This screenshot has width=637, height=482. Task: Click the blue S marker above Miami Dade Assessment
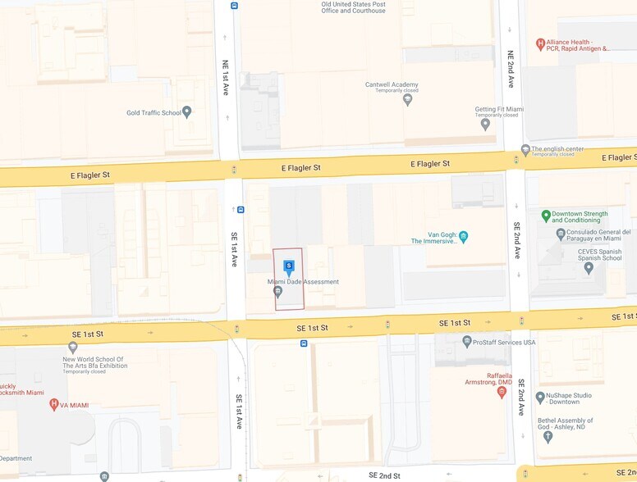pos(289,266)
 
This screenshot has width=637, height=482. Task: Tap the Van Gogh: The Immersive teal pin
pos(463,237)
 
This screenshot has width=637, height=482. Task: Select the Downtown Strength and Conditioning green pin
pos(546,216)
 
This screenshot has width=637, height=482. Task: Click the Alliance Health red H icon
pos(540,44)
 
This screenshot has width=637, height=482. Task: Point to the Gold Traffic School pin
pos(187,112)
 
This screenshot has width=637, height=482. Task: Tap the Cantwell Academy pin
pos(408,99)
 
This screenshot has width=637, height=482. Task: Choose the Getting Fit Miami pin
pos(485,124)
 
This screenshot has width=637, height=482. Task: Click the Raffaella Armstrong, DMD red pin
pos(502,392)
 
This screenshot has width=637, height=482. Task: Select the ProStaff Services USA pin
pos(467,342)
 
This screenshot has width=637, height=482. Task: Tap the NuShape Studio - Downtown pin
pos(540,398)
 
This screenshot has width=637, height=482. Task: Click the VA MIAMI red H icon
pos(54,404)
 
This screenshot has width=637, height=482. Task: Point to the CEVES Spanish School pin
pos(589,267)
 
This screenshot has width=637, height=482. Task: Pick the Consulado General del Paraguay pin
pos(561,235)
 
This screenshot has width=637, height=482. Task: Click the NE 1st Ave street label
pos(225,77)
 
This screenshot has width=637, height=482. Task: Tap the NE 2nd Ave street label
pos(511,70)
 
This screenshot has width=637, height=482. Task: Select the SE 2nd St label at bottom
pos(384,475)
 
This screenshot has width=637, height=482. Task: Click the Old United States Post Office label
pos(353,7)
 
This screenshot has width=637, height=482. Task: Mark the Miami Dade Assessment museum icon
pos(278,291)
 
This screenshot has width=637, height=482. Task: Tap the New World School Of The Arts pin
pos(73,348)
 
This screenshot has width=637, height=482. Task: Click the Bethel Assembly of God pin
pos(548,436)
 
